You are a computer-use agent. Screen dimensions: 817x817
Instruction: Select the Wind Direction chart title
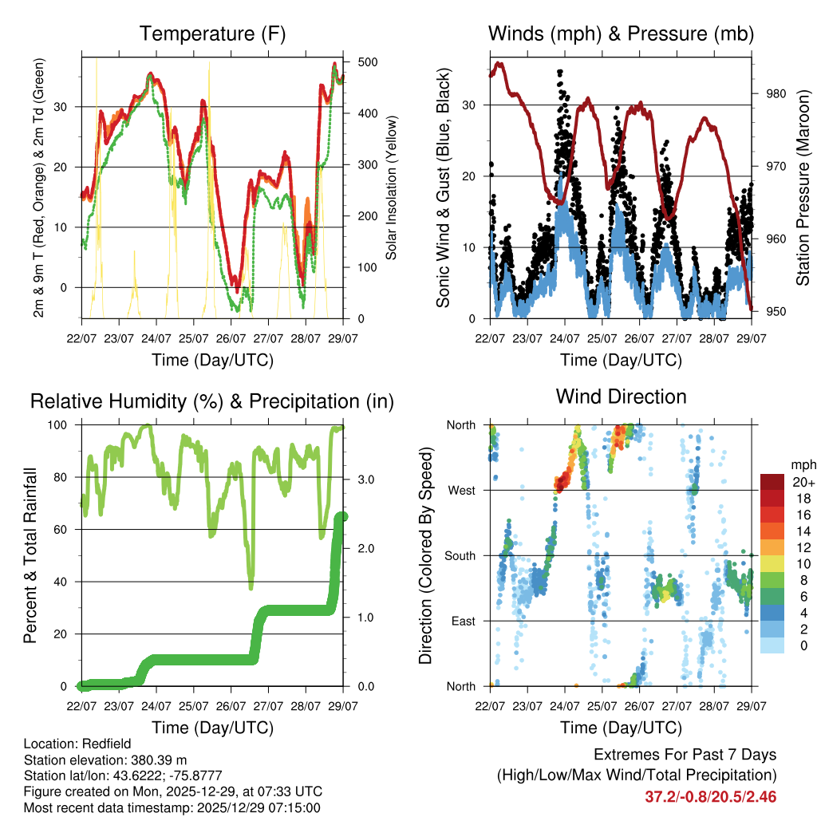point(621,396)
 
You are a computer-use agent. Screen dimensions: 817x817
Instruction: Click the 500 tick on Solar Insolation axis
point(368,62)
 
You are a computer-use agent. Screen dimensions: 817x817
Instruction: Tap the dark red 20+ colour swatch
point(772,482)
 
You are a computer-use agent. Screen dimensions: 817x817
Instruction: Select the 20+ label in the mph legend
point(802,483)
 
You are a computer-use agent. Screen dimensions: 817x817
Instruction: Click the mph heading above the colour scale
point(803,464)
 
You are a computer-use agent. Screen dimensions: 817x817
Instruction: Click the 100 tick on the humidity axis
point(61,425)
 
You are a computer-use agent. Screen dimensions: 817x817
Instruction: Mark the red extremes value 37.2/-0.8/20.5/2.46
point(710,796)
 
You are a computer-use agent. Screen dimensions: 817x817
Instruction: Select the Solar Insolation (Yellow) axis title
point(392,187)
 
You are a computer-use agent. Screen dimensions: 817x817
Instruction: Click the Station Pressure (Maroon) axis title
point(803,188)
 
